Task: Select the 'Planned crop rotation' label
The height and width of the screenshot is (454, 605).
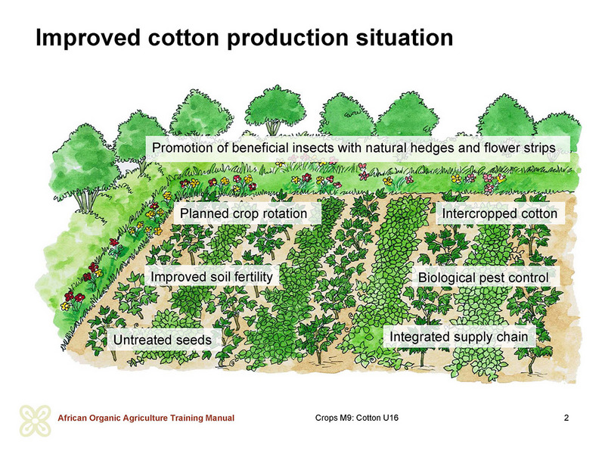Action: (x=244, y=213)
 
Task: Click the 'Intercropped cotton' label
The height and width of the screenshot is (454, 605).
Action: (x=500, y=213)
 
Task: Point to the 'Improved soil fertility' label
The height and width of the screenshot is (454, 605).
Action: (x=212, y=277)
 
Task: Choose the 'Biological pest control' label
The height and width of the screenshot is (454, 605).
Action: (x=483, y=278)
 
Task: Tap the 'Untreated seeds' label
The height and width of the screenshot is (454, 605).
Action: (x=163, y=340)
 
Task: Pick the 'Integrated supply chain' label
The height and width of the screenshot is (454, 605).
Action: (x=459, y=337)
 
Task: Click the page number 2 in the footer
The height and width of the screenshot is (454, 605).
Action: (x=566, y=418)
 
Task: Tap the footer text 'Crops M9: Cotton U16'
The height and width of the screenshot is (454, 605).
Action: (x=357, y=418)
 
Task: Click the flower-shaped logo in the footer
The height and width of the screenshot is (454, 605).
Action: (x=36, y=421)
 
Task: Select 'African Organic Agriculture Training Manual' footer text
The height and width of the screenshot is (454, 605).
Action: (x=146, y=418)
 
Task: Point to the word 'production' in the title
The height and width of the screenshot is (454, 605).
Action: (x=287, y=38)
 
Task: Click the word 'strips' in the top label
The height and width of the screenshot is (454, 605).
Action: (x=539, y=148)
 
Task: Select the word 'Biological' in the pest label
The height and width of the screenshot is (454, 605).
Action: (x=447, y=278)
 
